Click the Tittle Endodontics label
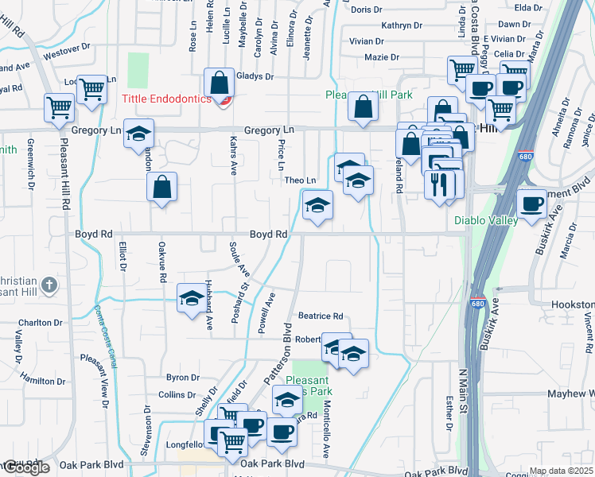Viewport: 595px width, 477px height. [x=166, y=99]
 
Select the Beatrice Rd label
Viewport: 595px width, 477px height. [x=320, y=316]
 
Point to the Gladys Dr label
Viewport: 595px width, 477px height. [x=255, y=77]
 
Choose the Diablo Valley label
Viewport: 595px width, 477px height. [x=486, y=220]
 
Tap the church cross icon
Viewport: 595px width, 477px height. [x=49, y=284]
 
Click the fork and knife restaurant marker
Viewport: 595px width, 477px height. [x=439, y=185]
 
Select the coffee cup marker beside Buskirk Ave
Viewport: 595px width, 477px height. [x=532, y=203]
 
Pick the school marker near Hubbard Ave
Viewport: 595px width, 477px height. [x=190, y=298]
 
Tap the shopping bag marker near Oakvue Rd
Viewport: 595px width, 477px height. [x=161, y=188]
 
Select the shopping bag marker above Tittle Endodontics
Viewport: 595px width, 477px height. [x=219, y=82]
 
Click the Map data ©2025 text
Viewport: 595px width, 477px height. [x=562, y=471]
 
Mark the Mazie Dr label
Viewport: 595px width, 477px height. [x=382, y=57]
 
